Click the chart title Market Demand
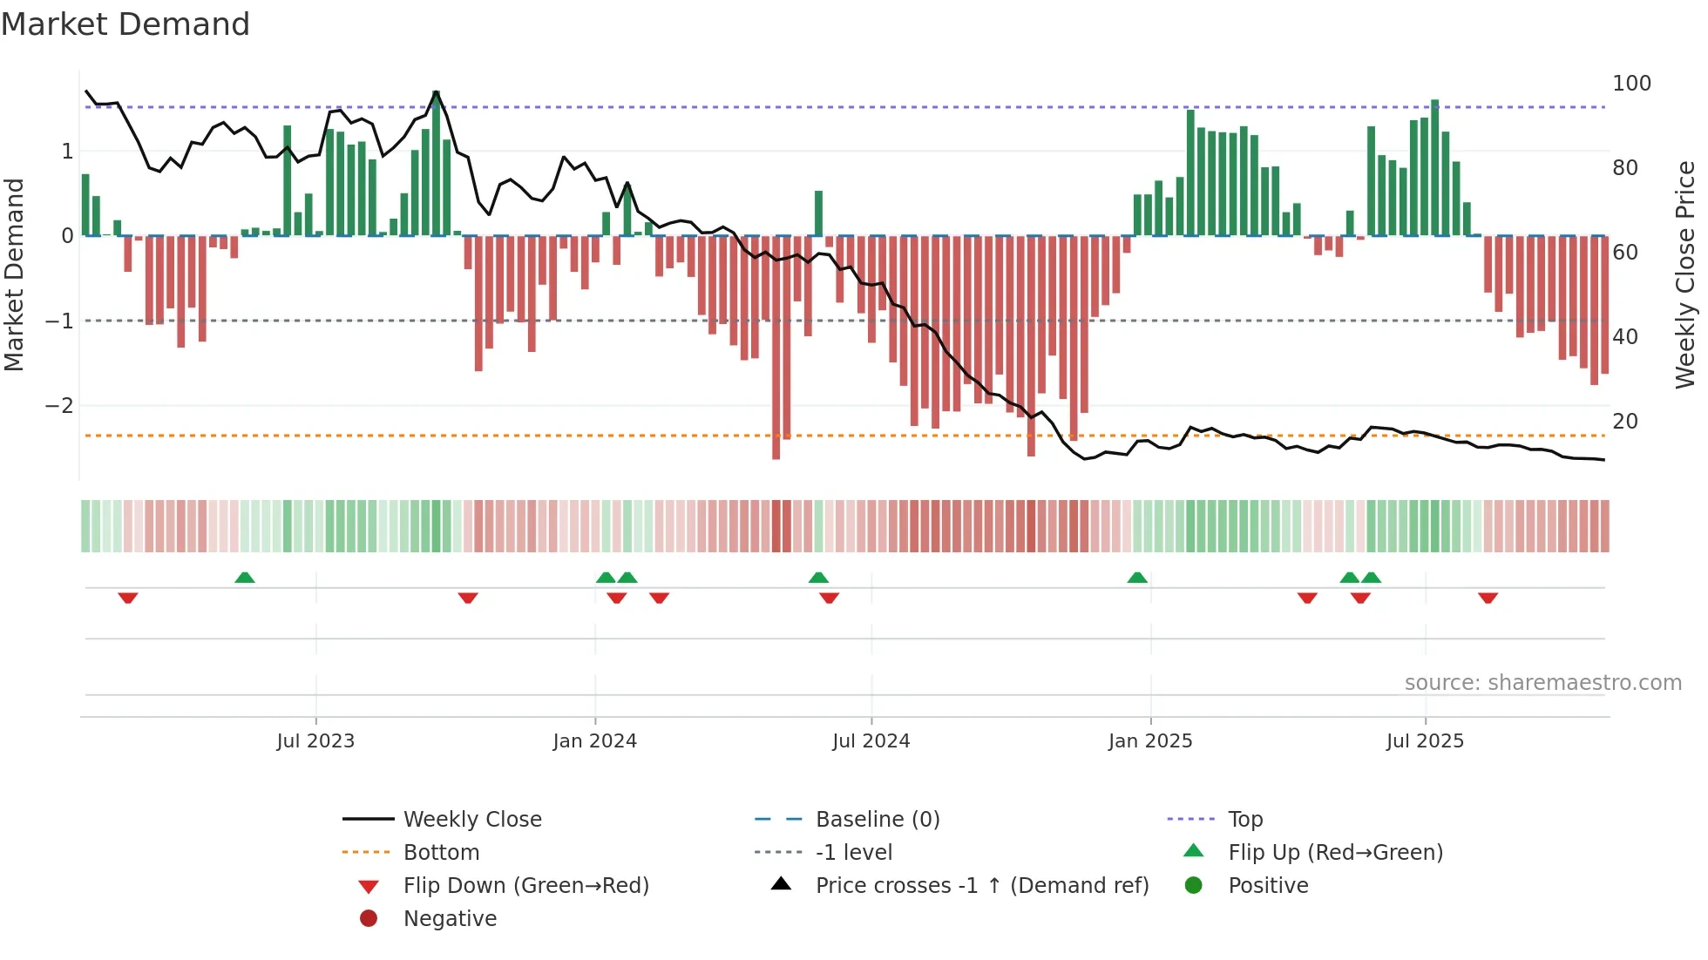(x=125, y=24)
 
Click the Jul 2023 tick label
(x=315, y=741)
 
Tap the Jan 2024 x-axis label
(x=595, y=741)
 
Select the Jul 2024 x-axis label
(x=871, y=741)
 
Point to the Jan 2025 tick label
(x=1150, y=741)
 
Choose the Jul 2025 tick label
(x=1425, y=741)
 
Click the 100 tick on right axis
(x=1631, y=84)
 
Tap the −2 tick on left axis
(x=59, y=406)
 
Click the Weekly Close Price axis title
(x=1685, y=274)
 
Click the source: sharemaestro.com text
(x=1542, y=683)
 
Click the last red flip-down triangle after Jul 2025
(x=1488, y=598)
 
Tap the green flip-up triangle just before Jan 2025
(x=1137, y=578)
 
